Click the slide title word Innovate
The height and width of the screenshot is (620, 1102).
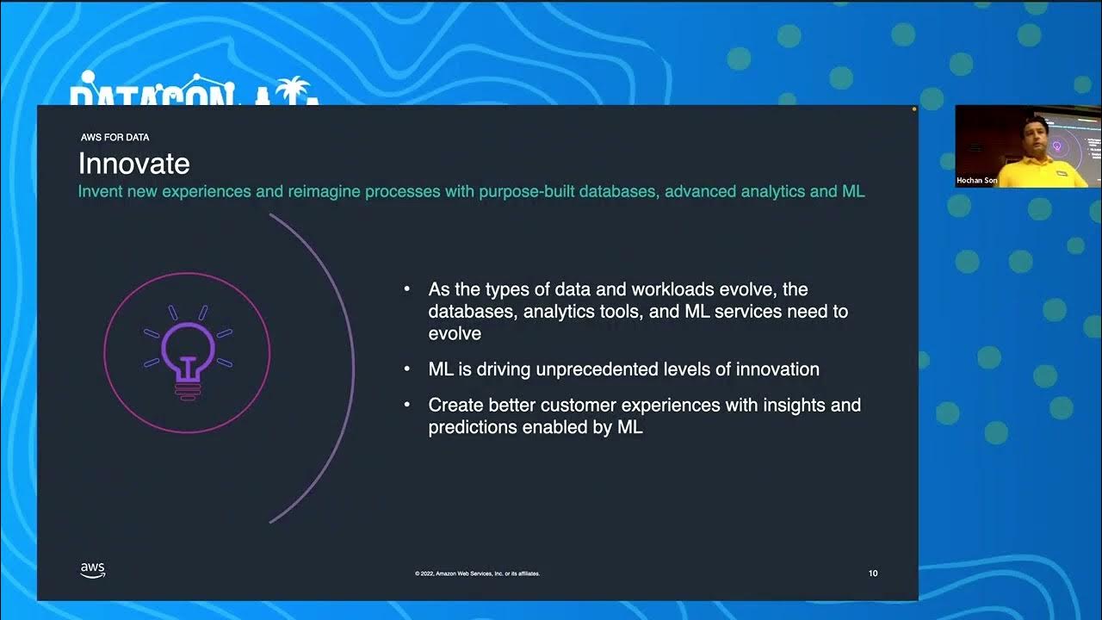[133, 164]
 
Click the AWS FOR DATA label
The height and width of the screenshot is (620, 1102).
[115, 137]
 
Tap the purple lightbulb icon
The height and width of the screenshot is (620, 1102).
[187, 351]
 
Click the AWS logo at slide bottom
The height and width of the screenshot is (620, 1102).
[93, 570]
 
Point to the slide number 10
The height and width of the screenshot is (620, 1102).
[873, 573]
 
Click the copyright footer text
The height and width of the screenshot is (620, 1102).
[477, 573]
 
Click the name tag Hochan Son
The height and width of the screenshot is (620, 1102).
[976, 181]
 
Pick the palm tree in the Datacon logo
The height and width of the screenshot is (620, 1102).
[295, 89]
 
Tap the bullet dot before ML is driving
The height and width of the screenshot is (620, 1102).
[406, 369]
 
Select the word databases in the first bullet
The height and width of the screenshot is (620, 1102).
[473, 311]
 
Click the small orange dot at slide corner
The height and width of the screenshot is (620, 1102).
[914, 109]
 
